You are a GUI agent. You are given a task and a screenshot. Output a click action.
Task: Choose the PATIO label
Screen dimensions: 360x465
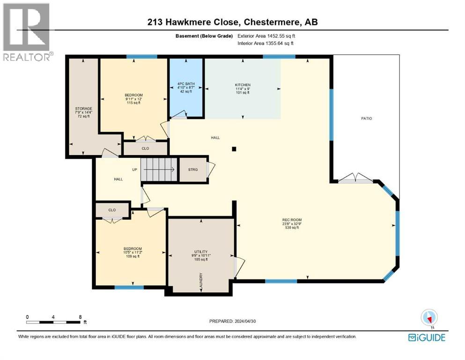[366, 119]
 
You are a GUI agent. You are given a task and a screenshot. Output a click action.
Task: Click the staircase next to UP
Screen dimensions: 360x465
[159, 169]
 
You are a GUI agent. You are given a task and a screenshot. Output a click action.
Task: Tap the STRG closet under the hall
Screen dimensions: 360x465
[193, 170]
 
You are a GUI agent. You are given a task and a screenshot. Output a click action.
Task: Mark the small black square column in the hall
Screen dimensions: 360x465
[234, 149]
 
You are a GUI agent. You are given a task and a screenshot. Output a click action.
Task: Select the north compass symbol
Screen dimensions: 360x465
[429, 317]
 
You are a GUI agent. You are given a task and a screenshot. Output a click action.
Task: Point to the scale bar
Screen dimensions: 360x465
[53, 322]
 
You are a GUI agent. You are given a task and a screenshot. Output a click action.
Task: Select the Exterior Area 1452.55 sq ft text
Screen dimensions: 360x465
[266, 36]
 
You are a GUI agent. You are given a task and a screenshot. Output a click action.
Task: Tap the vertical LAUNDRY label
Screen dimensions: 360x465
[201, 282]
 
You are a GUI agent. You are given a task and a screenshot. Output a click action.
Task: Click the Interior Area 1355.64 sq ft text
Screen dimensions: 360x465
[266, 44]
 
